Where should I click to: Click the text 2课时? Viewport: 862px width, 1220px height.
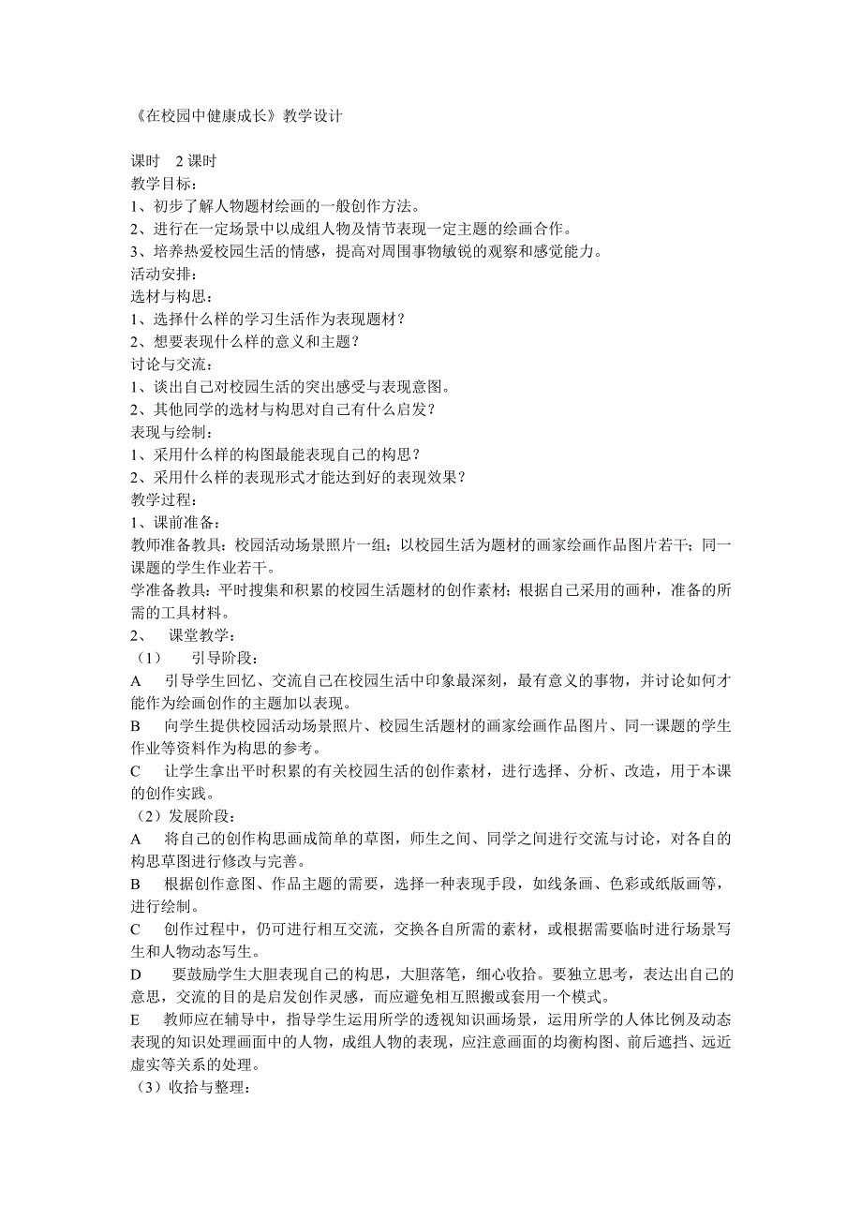pos(196,162)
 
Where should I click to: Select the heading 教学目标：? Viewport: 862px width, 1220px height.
pos(164,185)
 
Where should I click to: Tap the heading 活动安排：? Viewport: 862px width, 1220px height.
pos(164,275)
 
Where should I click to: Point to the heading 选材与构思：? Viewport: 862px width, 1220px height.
pos(171,297)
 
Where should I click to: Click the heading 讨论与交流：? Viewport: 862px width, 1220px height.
pos(171,365)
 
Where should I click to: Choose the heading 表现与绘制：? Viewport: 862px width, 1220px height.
pos(171,432)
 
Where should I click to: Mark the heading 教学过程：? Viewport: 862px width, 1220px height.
pos(164,499)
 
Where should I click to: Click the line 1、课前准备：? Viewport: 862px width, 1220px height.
pos(176,522)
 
